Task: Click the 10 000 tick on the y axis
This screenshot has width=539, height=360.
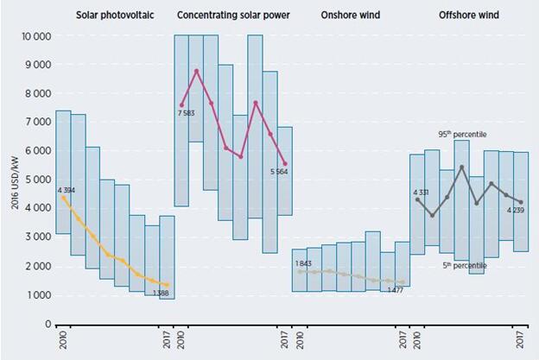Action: [31, 36]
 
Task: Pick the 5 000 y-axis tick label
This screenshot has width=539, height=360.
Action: [35, 180]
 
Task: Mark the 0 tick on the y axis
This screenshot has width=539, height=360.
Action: [48, 324]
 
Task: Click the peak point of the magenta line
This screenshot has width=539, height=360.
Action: [197, 71]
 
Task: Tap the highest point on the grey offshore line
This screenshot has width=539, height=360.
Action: [462, 167]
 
